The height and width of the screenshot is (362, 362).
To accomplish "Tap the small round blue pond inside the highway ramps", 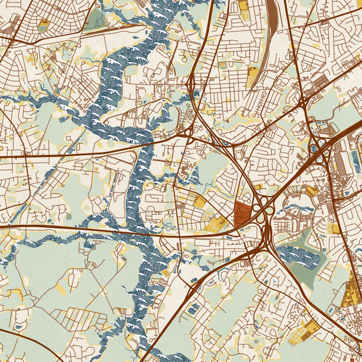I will [x=313, y=148].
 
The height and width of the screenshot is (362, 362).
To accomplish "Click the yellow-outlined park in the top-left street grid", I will [x=44, y=25].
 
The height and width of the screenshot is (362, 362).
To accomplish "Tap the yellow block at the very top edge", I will [x=243, y=5].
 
